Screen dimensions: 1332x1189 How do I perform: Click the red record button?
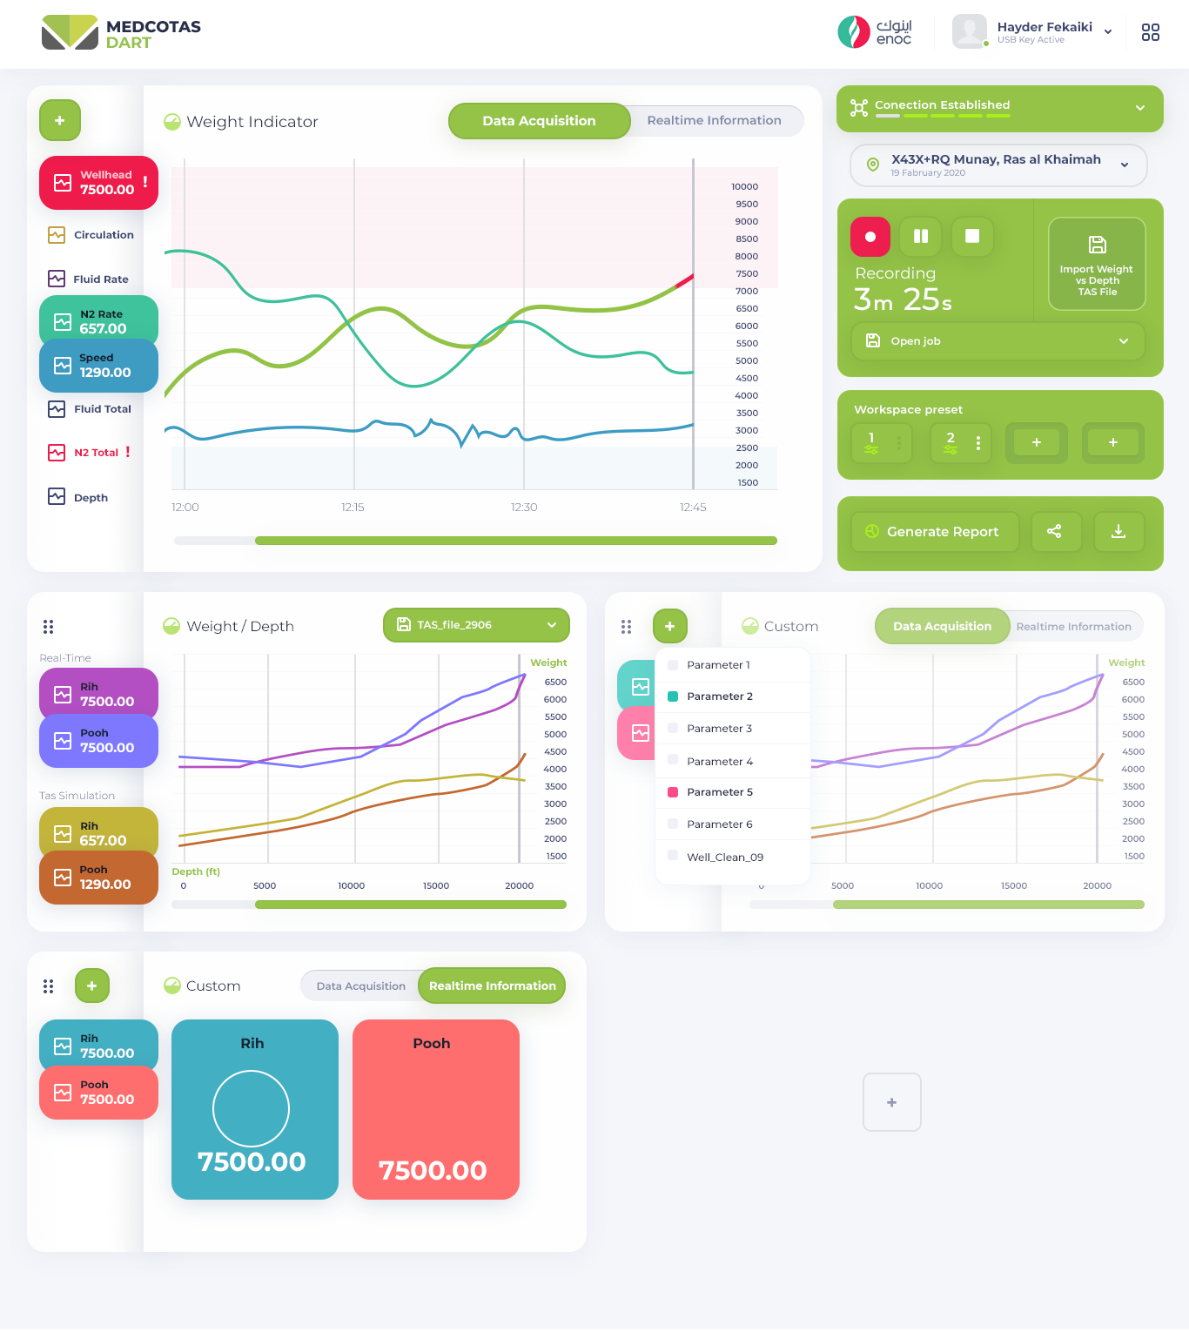pos(870,237)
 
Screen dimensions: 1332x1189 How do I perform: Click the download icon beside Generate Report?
pos(1118,532)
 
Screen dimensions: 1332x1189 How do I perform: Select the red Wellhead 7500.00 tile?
pos(98,183)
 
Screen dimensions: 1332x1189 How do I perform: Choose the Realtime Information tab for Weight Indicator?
pos(714,121)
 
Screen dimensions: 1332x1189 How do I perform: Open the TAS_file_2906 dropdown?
pos(476,625)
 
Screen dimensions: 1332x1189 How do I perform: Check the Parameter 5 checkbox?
pos(673,792)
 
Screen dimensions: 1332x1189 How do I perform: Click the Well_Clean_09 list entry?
pos(724,858)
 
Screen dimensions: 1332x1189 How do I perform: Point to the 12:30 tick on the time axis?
pos(524,507)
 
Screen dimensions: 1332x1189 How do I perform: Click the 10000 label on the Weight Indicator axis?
pos(744,187)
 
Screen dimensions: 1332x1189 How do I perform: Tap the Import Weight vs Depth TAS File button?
pos(1097,264)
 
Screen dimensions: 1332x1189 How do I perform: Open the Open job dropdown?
pos(998,341)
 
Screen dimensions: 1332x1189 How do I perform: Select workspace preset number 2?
pos(951,443)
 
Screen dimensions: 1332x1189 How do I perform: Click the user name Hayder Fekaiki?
pos(1044,27)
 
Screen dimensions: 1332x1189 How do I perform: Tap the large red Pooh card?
pos(436,1110)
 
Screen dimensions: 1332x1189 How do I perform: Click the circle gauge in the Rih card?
pos(251,1108)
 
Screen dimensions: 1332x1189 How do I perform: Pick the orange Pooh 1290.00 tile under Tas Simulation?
pos(98,878)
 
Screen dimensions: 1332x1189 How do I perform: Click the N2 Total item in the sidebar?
pos(96,453)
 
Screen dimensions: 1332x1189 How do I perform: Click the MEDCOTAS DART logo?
pos(122,33)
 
